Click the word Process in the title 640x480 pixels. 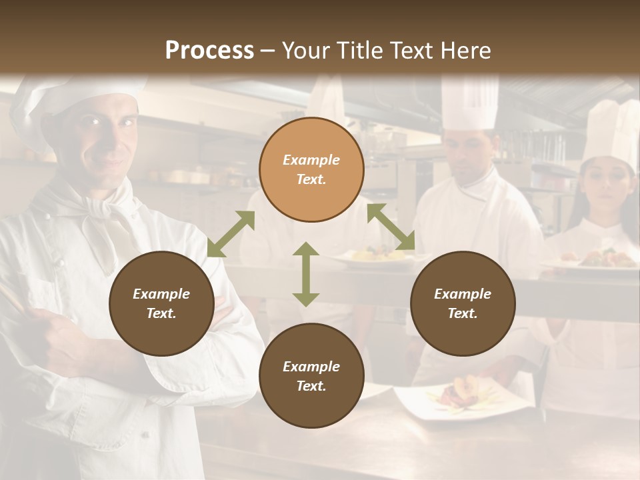pyautogui.click(x=209, y=51)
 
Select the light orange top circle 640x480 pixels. pyautogui.click(x=311, y=170)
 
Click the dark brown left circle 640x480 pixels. pyautogui.click(x=161, y=303)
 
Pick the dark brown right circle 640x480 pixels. pyautogui.click(x=462, y=303)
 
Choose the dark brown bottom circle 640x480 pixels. pyautogui.click(x=311, y=376)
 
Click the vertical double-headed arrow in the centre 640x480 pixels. pyautogui.click(x=305, y=274)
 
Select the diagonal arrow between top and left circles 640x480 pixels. pyautogui.click(x=231, y=233)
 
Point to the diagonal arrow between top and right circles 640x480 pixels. pyautogui.click(x=391, y=227)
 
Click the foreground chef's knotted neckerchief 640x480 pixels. pyautogui.click(x=100, y=213)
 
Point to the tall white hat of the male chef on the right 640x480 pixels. pyautogui.click(x=470, y=103)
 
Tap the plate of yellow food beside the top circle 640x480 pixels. pyautogui.click(x=373, y=255)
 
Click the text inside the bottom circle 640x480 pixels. pyautogui.click(x=311, y=376)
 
